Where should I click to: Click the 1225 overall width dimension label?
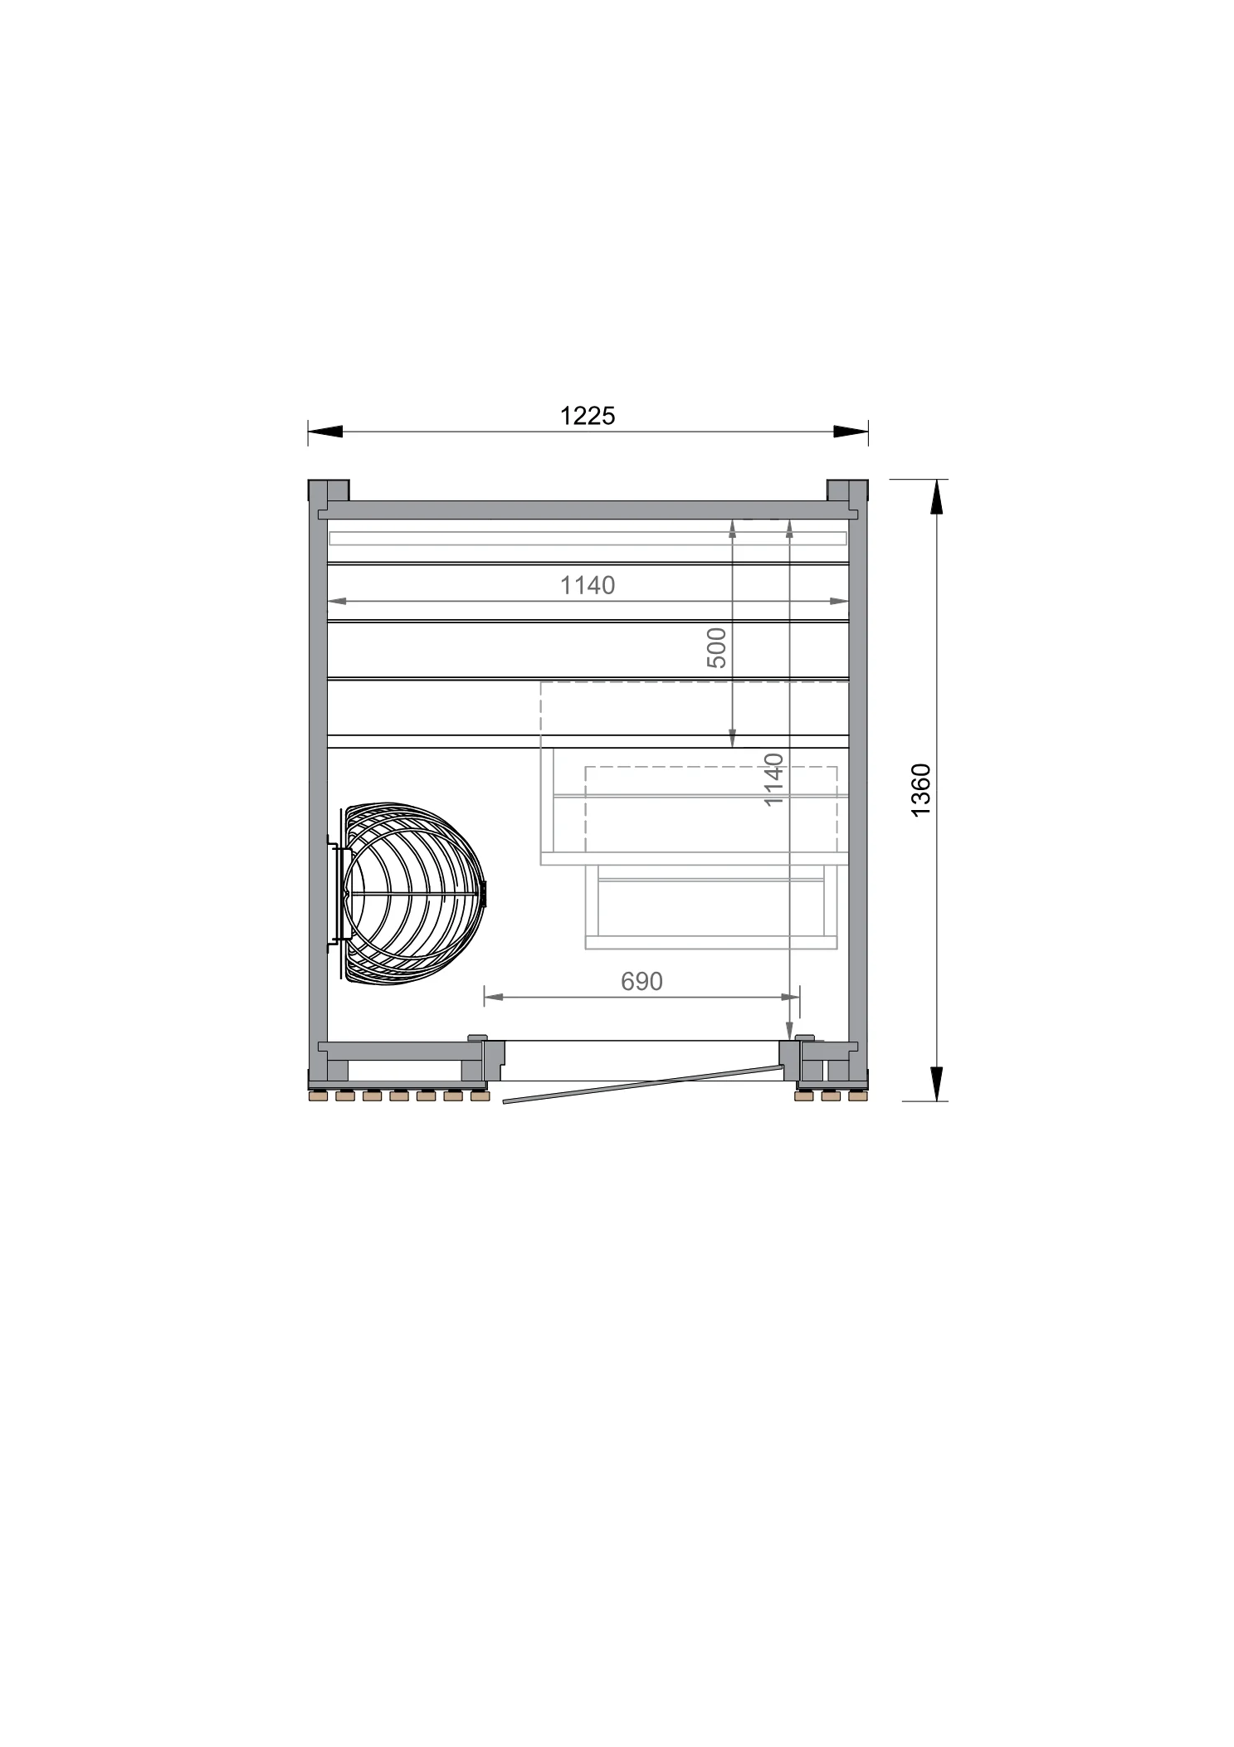click(588, 415)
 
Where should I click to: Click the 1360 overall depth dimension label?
click(922, 790)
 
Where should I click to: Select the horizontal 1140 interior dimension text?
click(588, 585)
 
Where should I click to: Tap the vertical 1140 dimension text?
click(773, 779)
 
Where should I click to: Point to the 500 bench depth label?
click(716, 648)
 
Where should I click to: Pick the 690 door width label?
click(641, 981)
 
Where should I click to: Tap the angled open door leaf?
click(643, 1085)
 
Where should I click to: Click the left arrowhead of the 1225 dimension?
click(324, 431)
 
